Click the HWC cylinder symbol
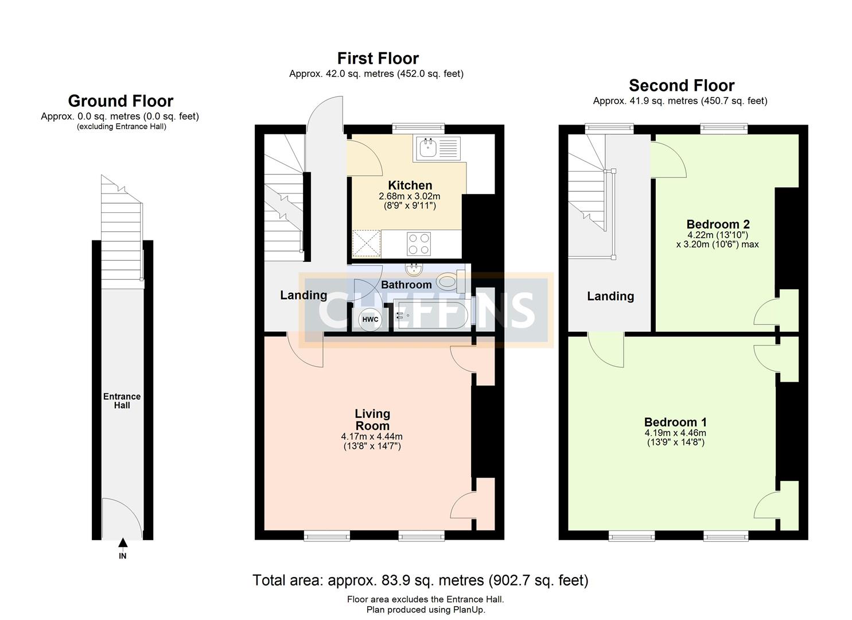tap(370, 320)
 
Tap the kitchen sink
tap(435, 148)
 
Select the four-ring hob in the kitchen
tap(419, 243)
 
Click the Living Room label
tap(372, 420)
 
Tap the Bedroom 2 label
tap(718, 224)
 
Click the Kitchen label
tap(410, 185)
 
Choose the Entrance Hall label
tap(122, 401)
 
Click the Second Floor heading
tap(681, 86)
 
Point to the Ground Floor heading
tap(120, 101)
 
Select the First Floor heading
tap(378, 59)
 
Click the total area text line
tap(420, 580)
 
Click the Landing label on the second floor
tap(610, 296)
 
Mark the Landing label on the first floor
tap(303, 295)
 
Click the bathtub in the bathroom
tap(431, 316)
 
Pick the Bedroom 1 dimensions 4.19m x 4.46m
tap(675, 433)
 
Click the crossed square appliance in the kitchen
tap(366, 243)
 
